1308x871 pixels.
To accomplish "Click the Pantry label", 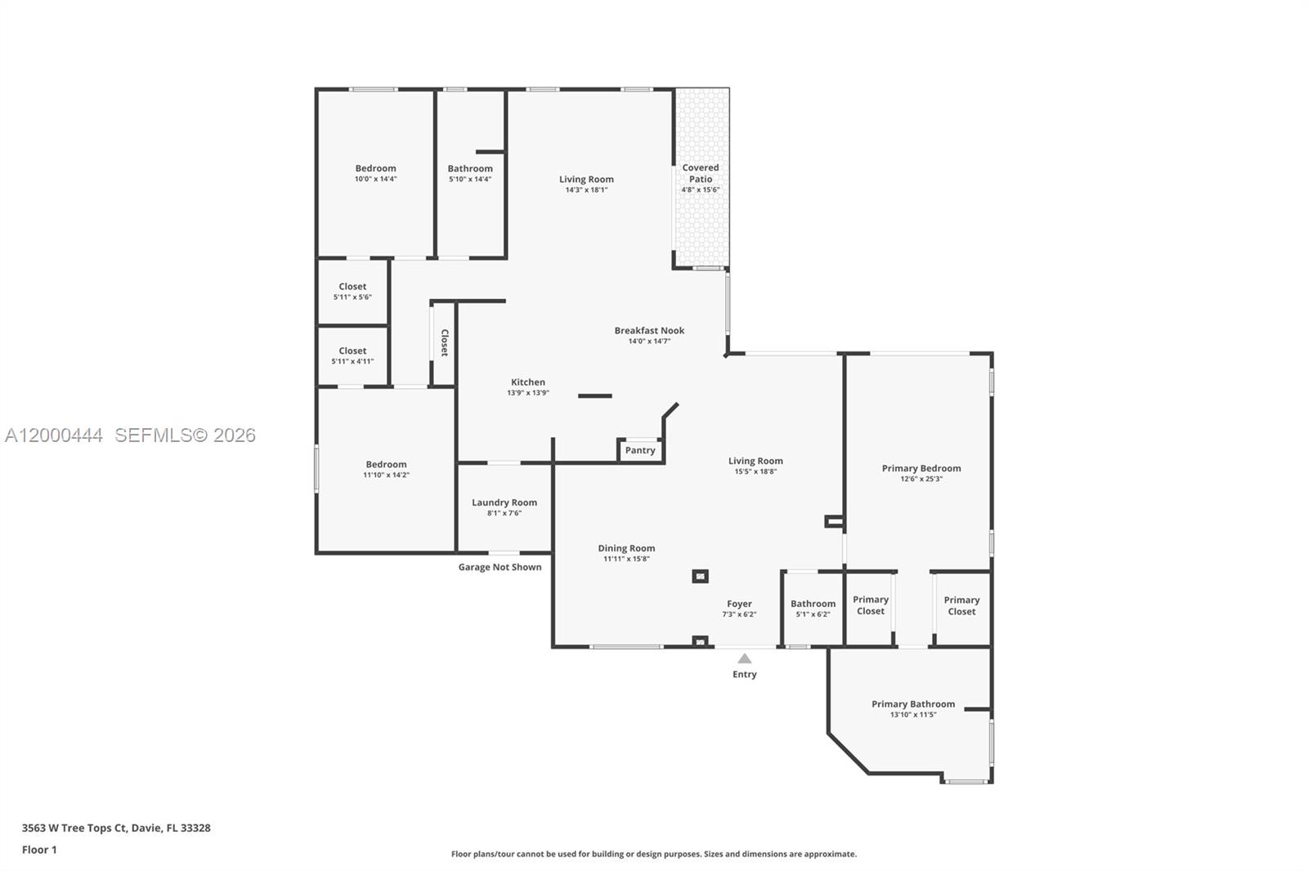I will [x=640, y=450].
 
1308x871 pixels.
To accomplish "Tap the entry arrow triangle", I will [x=744, y=659].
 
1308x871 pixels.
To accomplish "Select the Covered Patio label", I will [x=701, y=173].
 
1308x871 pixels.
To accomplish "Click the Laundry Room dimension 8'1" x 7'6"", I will [x=504, y=513].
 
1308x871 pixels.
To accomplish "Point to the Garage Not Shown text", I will [x=499, y=567].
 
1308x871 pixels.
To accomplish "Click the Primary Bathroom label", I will [x=913, y=703].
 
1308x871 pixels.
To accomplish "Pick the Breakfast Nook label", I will [x=649, y=330].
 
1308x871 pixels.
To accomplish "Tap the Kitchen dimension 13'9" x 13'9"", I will [x=528, y=393].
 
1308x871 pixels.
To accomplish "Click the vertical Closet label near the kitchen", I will [x=445, y=342].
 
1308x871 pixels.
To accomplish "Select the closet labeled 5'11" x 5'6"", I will [x=352, y=292].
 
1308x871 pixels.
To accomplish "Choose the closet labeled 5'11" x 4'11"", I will [x=352, y=355].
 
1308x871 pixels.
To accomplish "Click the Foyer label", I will [x=739, y=604].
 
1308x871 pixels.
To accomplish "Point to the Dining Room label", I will [x=626, y=548].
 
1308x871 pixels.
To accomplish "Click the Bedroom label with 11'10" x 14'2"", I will [x=386, y=464].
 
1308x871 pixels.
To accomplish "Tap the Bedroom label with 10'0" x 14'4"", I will [x=375, y=168].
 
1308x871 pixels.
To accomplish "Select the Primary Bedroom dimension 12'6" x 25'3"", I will [x=921, y=480].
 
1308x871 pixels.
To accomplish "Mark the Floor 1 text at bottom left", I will [x=39, y=850].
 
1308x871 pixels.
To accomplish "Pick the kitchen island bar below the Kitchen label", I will [x=594, y=396].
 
